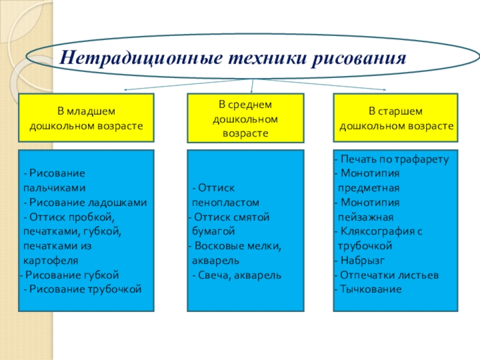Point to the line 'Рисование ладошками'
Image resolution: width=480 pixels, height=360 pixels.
pos(88,202)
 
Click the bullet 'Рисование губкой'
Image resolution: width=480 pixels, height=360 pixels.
pos(72,275)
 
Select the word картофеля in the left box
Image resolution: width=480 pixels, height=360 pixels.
pos(51,260)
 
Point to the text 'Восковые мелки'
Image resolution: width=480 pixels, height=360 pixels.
pos(236,246)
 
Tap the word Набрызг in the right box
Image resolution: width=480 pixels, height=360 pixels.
pos(362,260)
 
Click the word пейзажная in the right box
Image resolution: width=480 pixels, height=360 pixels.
pos(365,217)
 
